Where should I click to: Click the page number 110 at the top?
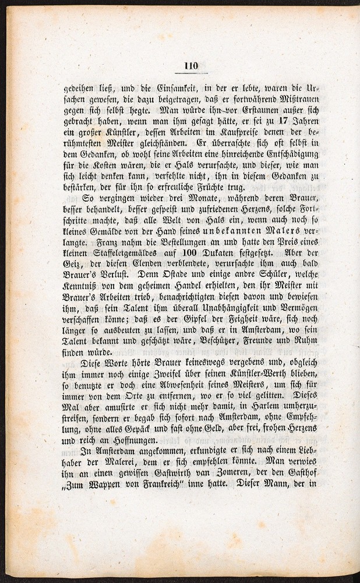[x=190, y=66]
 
